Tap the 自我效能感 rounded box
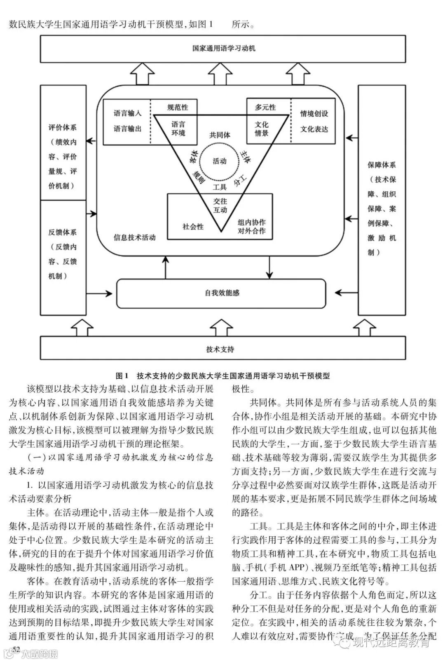pyautogui.click(x=222, y=293)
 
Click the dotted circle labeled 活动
pyautogui.click(x=220, y=161)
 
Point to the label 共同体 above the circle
pyautogui.click(x=220, y=135)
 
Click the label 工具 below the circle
pyautogui.click(x=220, y=187)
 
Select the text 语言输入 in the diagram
pyautogui.click(x=127, y=113)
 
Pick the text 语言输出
pyautogui.click(x=127, y=129)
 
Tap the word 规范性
pyautogui.click(x=178, y=107)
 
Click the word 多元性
pyautogui.click(x=265, y=107)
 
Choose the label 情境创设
pyautogui.click(x=314, y=113)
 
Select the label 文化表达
pyautogui.click(x=314, y=129)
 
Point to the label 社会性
pyautogui.click(x=193, y=226)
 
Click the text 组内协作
pyautogui.click(x=251, y=222)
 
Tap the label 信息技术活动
pyautogui.click(x=135, y=237)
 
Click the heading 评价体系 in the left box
pyautogui.click(x=63, y=128)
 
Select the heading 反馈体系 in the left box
pyautogui.click(x=63, y=232)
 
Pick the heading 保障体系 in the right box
pyautogui.click(x=382, y=164)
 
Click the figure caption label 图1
pyautogui.click(x=122, y=376)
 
